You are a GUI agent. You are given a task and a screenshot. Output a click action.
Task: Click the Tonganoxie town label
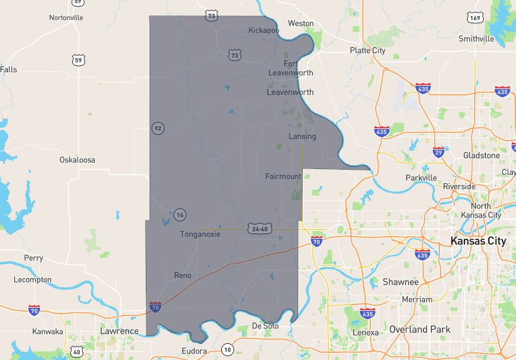click(x=200, y=234)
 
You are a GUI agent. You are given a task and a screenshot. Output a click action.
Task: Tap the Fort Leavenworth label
click(x=291, y=68)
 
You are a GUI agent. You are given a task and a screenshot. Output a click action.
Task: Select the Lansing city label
click(x=302, y=137)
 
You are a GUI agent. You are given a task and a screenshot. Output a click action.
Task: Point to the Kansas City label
click(x=478, y=241)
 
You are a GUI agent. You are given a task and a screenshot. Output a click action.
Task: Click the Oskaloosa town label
click(x=77, y=159)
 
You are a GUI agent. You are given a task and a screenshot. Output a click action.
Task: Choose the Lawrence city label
click(x=119, y=331)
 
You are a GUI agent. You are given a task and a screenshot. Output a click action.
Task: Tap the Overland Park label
click(x=419, y=329)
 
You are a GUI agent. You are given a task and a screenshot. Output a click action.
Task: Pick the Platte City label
click(x=368, y=50)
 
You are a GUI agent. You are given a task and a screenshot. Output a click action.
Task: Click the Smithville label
click(x=476, y=39)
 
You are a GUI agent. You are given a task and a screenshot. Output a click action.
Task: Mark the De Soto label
click(x=265, y=326)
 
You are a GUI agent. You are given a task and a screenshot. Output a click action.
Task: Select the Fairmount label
click(x=283, y=176)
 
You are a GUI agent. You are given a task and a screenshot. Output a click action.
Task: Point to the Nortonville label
click(x=66, y=17)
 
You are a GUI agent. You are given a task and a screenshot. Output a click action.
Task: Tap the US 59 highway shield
click(x=78, y=60)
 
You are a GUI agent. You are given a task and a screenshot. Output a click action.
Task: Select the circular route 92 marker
click(x=157, y=128)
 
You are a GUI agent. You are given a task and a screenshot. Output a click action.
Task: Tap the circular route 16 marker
click(x=180, y=215)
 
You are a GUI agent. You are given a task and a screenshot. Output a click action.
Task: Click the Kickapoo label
click(x=264, y=30)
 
